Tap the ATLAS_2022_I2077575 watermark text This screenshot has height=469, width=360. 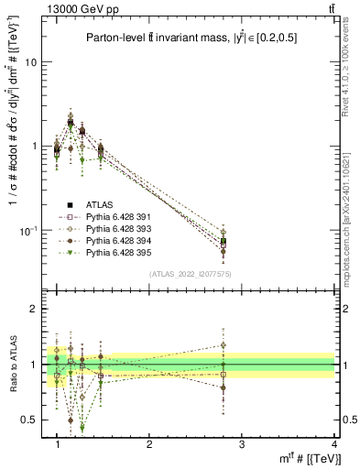point(191,273)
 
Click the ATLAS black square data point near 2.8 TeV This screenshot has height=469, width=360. point(223,242)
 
